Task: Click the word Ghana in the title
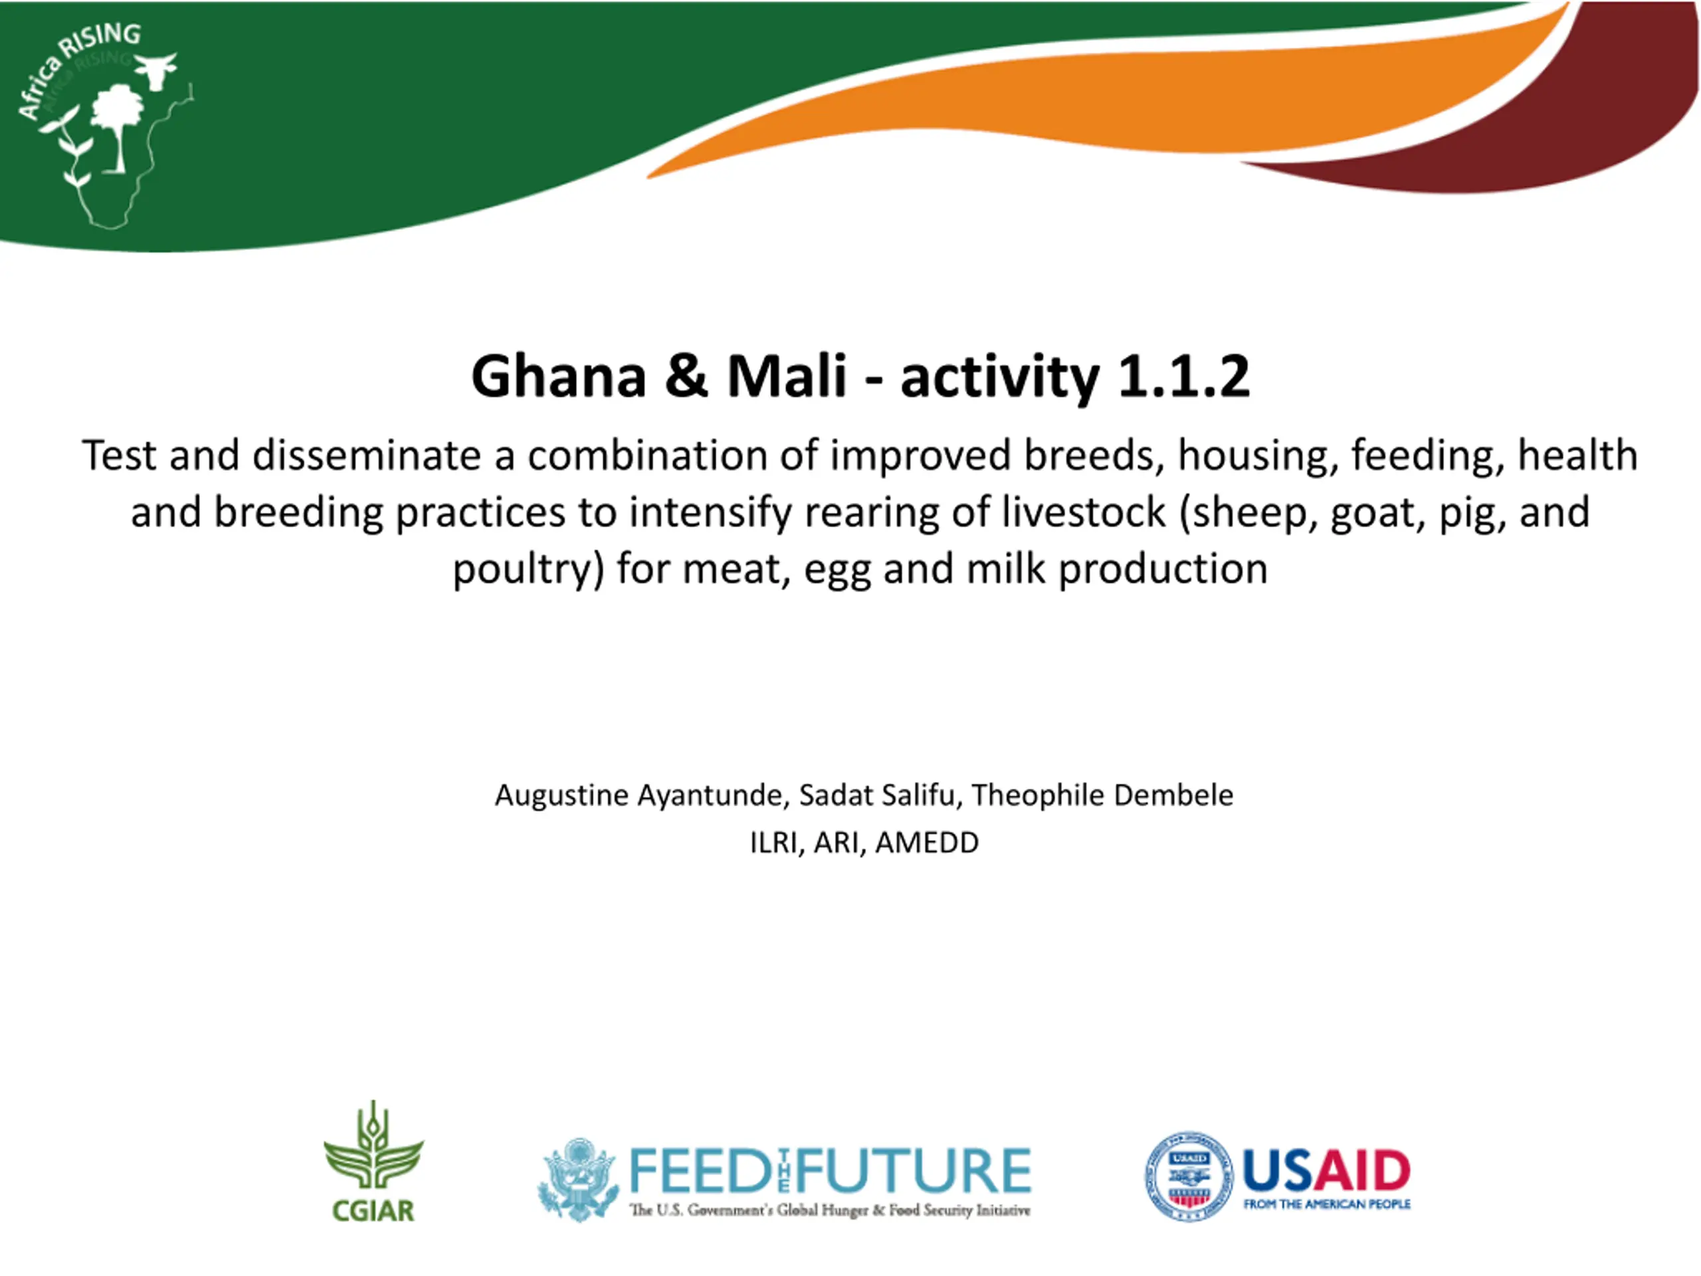click(x=559, y=376)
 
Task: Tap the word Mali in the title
click(x=787, y=376)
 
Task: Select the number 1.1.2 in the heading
click(x=1183, y=376)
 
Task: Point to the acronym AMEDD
click(x=927, y=843)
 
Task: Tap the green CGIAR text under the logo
click(x=373, y=1211)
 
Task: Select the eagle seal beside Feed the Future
click(x=578, y=1178)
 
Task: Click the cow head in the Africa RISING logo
click(x=155, y=70)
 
